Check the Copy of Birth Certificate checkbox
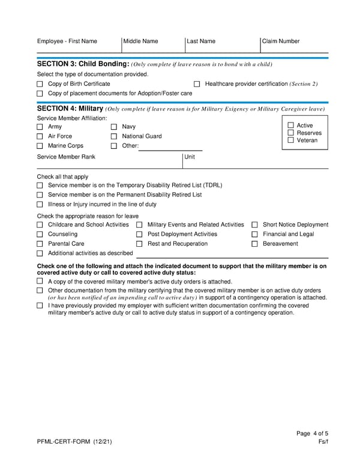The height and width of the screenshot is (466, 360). click(40, 84)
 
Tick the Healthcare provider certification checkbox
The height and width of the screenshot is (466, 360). click(197, 84)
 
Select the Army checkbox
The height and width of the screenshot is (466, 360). click(40, 127)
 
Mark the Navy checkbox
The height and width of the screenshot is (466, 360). click(114, 127)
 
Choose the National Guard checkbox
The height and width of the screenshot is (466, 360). click(114, 137)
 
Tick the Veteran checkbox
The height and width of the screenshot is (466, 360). click(291, 141)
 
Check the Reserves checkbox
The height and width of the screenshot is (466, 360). click(291, 133)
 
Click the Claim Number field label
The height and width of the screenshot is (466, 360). click(281, 41)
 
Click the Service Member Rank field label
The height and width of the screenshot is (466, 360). click(66, 157)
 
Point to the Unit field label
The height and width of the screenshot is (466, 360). click(190, 157)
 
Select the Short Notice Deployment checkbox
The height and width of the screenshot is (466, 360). click(255, 225)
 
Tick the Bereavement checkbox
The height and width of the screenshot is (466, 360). click(255, 244)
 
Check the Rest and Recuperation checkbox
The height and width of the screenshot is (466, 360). click(139, 244)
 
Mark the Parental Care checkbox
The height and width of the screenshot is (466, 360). click(40, 244)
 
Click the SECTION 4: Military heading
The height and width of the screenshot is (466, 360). click(70, 109)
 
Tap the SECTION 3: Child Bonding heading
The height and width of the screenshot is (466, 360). click(83, 64)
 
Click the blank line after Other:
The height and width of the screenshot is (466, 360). click(170, 146)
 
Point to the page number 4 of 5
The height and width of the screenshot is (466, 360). click(312, 434)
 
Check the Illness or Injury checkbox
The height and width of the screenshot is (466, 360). click(40, 205)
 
